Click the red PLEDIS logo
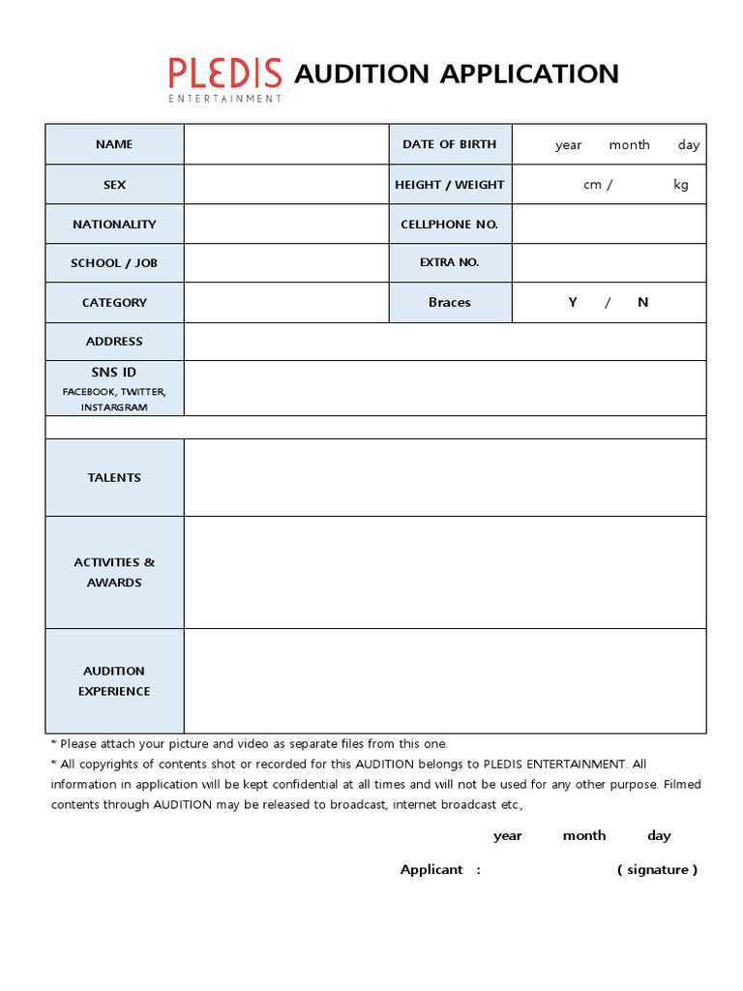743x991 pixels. click(x=224, y=75)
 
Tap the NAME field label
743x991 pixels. click(x=114, y=144)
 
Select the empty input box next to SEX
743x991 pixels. click(x=285, y=185)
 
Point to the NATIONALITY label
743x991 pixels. click(x=114, y=225)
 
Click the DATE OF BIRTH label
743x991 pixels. click(x=449, y=144)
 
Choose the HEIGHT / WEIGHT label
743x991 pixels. click(x=449, y=185)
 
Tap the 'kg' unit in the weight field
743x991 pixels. click(x=681, y=185)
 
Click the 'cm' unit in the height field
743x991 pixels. click(x=592, y=185)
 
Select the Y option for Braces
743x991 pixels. click(x=573, y=302)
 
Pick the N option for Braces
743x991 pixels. click(x=643, y=302)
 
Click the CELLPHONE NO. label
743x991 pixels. click(x=449, y=225)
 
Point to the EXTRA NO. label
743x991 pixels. click(x=449, y=262)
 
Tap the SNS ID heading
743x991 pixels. click(x=114, y=373)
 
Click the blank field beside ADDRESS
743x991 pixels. click(x=445, y=342)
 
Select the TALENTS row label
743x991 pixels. click(x=114, y=477)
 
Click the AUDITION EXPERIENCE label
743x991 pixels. click(x=114, y=680)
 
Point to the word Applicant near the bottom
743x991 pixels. click(x=431, y=869)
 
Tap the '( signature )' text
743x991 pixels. click(x=658, y=869)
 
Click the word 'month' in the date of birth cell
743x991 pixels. click(x=630, y=145)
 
